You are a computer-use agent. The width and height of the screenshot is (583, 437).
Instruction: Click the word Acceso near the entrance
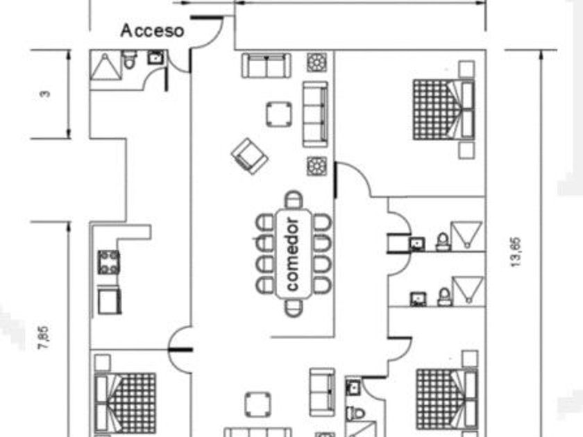point(152,31)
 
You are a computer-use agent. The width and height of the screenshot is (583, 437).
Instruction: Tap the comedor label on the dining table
point(293,255)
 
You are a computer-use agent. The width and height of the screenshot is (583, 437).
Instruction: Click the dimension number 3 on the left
point(45,93)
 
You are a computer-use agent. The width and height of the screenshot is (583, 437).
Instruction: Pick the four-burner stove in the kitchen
point(108,262)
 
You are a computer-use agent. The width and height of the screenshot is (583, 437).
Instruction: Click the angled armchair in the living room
point(249,155)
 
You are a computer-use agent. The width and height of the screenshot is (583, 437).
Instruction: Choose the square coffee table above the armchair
point(279,114)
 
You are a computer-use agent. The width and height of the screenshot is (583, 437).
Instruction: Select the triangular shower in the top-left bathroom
point(105,66)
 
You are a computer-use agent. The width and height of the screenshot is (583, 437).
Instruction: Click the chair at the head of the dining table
point(294,200)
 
